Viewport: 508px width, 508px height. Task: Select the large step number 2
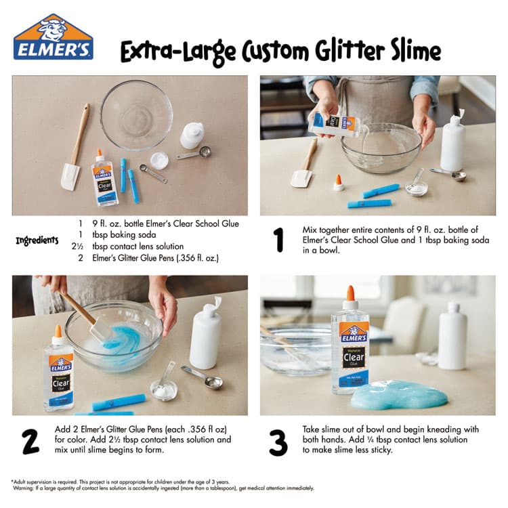[30, 441]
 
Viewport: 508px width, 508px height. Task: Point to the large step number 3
[278, 442]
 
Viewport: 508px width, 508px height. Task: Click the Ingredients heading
[37, 240]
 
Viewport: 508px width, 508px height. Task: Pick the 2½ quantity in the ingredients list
[77, 247]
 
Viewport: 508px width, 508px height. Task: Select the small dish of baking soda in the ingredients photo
[159, 161]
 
